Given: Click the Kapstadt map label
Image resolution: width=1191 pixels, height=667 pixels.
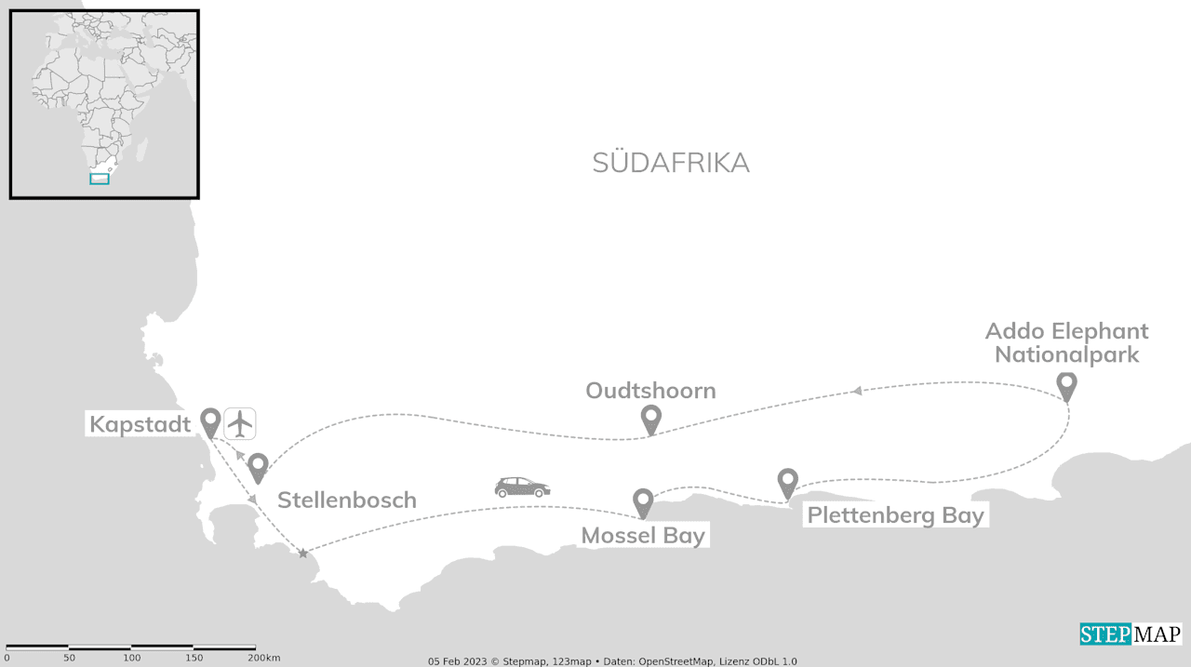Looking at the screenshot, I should (140, 425).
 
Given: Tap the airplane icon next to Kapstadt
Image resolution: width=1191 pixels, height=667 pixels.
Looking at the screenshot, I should (240, 423).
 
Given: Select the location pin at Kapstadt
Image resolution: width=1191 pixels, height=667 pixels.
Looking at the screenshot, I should (211, 421).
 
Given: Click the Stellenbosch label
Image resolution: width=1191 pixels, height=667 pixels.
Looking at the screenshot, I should (346, 500).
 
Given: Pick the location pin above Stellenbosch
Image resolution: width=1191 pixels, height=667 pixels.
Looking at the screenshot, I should (258, 467).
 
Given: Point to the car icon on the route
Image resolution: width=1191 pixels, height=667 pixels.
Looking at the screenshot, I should (522, 487).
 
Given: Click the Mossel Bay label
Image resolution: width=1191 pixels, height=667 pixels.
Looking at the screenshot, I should (643, 536).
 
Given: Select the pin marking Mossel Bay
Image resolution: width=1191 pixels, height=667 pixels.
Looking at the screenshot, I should (643, 502).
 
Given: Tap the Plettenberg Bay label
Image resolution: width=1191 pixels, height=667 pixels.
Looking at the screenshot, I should (895, 515).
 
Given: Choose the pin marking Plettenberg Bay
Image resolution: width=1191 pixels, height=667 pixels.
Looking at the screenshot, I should (788, 482).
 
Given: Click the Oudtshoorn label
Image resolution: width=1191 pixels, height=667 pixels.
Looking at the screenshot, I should (650, 391).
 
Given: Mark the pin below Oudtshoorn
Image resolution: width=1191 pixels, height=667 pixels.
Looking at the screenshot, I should (651, 419).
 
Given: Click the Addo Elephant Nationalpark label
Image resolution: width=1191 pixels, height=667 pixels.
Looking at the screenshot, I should (1066, 342).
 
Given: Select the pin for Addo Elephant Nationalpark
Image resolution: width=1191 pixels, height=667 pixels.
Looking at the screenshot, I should (1066, 385).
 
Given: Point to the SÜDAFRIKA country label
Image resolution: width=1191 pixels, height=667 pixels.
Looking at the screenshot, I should (670, 163).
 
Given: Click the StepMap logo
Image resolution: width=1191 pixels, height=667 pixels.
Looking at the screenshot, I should (1131, 634).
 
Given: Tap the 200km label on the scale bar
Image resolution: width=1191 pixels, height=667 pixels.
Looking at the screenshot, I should (264, 658).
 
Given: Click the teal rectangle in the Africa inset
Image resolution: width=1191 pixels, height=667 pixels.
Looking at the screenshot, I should (100, 179).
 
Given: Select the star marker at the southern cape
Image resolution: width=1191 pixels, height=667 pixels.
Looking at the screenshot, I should (302, 554).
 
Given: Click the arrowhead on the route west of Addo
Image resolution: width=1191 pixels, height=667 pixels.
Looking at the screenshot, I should (857, 391).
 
